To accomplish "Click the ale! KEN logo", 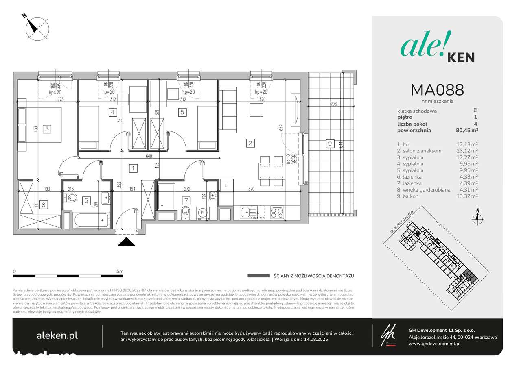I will pyautogui.click(x=437, y=49).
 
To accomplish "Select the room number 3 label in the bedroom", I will pyautogui.click(x=47, y=129).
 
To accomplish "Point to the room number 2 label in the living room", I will pyautogui.click(x=251, y=143).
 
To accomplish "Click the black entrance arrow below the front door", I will pyautogui.click(x=126, y=242).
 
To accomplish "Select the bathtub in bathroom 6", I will pyautogui.click(x=92, y=220).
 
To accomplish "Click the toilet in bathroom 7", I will pyautogui.click(x=186, y=212).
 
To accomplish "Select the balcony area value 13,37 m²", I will pyautogui.click(x=467, y=196).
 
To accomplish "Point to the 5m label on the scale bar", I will pyautogui.click(x=119, y=271).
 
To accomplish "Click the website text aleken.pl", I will pyautogui.click(x=57, y=335).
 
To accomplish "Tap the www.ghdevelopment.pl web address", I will pyautogui.click(x=434, y=344).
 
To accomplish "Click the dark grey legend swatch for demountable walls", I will pyautogui.click(x=258, y=276).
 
